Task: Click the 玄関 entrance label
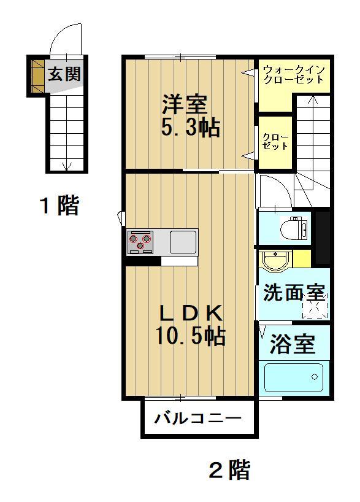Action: tap(64, 74)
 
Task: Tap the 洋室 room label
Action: tap(185, 104)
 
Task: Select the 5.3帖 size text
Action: tap(190, 127)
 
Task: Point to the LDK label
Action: tap(191, 313)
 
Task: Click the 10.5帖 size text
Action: tap(191, 336)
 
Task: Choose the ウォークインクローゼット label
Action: tap(294, 74)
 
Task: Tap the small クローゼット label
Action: tap(275, 142)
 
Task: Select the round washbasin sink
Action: tap(275, 260)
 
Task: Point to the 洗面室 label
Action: tap(294, 292)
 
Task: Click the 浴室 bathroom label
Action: tap(293, 344)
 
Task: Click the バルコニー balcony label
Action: tap(197, 418)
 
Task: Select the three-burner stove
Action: tap(140, 242)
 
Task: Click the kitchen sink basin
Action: tap(183, 242)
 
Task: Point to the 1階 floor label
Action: tap(59, 205)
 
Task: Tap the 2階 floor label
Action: tap(229, 469)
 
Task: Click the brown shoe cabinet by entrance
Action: tap(38, 75)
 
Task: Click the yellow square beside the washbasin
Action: tap(302, 259)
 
